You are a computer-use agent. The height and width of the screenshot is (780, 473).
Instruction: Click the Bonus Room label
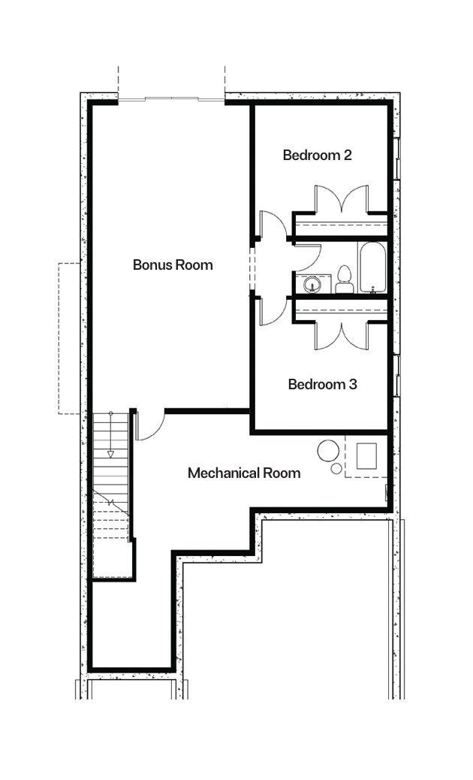click(173, 265)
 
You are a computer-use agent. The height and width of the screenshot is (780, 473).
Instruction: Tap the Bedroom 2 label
click(318, 155)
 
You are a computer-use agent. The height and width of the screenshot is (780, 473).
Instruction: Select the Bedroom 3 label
click(322, 384)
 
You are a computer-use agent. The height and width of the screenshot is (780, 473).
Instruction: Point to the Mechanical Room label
click(244, 473)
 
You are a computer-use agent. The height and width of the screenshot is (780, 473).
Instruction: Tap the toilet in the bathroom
click(344, 280)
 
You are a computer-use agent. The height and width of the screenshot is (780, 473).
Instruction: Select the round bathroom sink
click(312, 285)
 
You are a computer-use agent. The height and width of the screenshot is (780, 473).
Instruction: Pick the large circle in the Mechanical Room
click(328, 451)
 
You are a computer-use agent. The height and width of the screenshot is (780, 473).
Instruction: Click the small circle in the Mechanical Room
click(336, 469)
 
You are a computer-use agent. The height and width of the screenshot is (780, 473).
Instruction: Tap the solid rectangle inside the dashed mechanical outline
click(366, 455)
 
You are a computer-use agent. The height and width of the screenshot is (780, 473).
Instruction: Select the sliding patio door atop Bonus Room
click(171, 99)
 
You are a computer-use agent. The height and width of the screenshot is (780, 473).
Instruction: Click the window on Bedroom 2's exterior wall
click(397, 159)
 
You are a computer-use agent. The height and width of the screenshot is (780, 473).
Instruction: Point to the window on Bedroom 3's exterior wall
click(397, 376)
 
